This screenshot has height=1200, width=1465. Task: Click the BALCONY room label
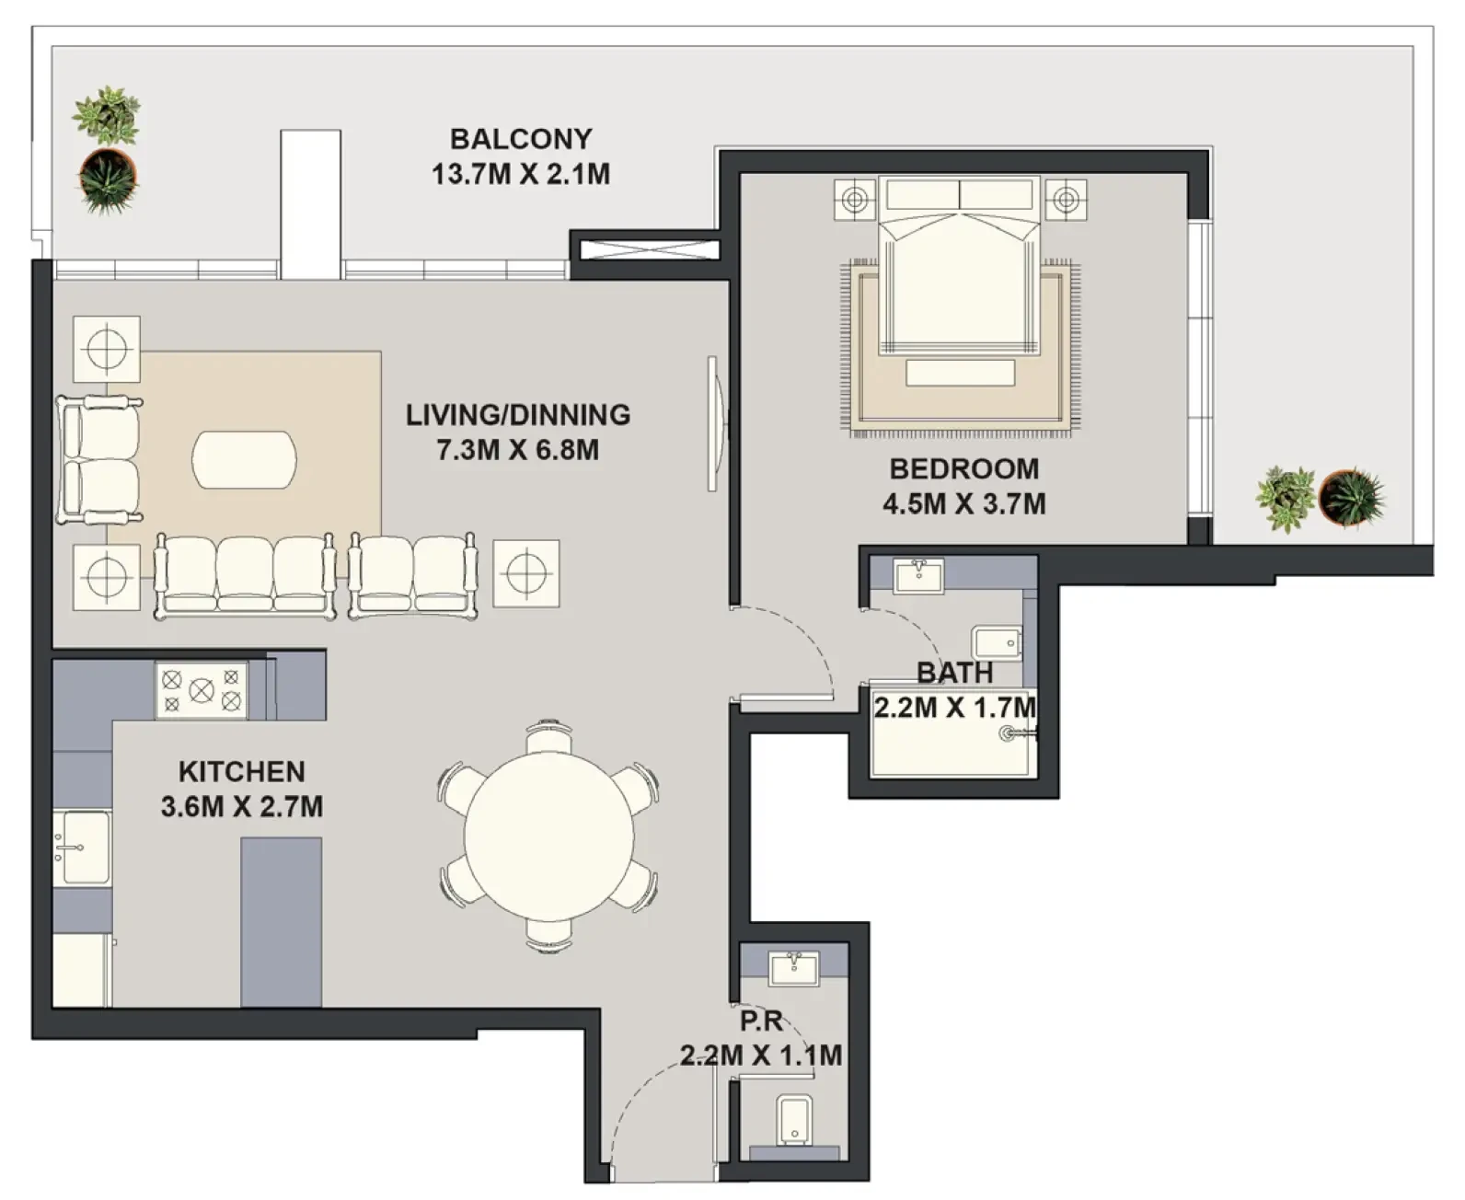(x=521, y=139)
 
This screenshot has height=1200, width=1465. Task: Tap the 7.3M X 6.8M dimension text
(x=517, y=450)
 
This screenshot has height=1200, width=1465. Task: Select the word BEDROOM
(x=964, y=469)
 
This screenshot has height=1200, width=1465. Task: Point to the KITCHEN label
(x=242, y=772)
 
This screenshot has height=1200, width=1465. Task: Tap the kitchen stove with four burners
(x=202, y=690)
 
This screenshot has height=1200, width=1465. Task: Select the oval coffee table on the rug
(x=244, y=460)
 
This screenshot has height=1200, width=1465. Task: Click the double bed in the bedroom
(x=959, y=265)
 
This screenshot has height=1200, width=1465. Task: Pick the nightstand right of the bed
(x=1067, y=200)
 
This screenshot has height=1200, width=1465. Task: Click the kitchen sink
(x=82, y=848)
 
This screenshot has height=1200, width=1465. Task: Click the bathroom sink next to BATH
(x=918, y=576)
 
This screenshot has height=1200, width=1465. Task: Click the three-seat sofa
(x=245, y=576)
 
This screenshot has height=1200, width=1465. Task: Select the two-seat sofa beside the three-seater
(x=413, y=576)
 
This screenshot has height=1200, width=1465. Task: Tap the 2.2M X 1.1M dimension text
(x=761, y=1056)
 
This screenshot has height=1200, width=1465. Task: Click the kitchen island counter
(x=282, y=922)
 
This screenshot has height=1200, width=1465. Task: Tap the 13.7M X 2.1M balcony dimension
(x=521, y=174)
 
